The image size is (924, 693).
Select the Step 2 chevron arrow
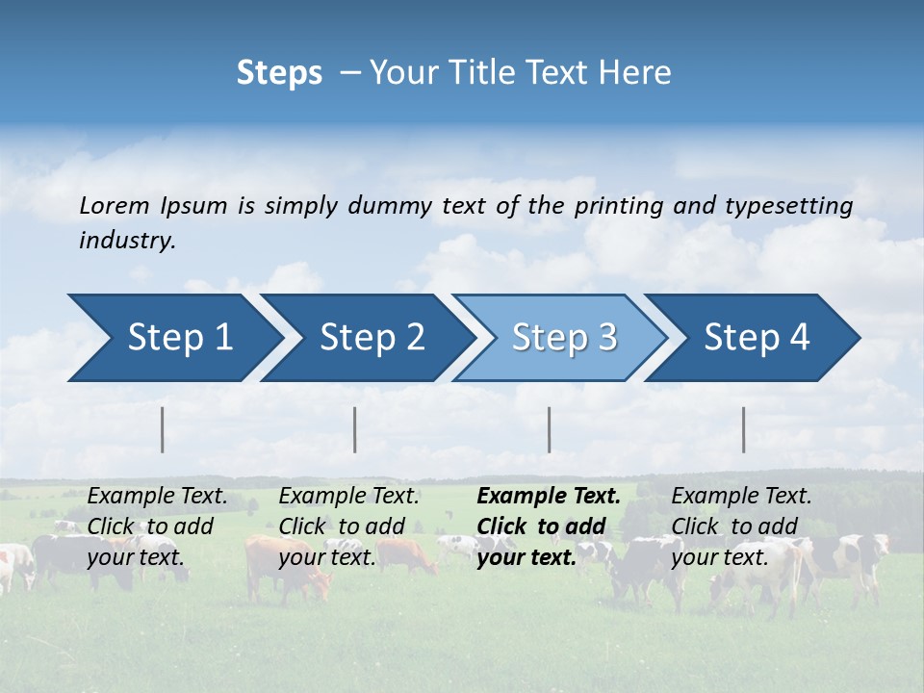point(372,338)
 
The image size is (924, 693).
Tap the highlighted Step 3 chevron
point(564,338)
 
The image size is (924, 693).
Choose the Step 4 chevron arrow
point(757,338)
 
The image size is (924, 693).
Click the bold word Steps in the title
point(279,72)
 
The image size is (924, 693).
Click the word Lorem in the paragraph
point(115,205)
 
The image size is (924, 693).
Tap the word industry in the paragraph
point(126,240)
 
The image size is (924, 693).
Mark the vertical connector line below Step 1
point(163,429)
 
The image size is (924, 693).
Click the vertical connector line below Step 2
point(355,429)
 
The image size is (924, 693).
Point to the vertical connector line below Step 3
point(549,429)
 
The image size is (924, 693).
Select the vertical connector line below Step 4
point(743,429)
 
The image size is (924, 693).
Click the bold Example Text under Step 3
point(549,497)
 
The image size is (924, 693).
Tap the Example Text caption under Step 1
point(157,497)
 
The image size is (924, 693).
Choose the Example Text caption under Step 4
point(741,497)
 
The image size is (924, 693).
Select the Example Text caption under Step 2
point(348,497)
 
